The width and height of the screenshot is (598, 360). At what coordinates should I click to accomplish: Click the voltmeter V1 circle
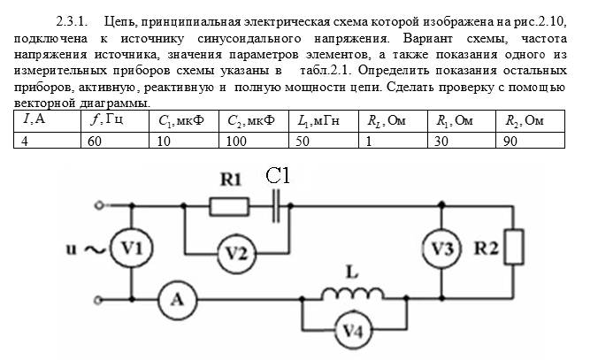click(130, 250)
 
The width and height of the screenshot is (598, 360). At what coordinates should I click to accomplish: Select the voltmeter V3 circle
click(442, 250)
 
